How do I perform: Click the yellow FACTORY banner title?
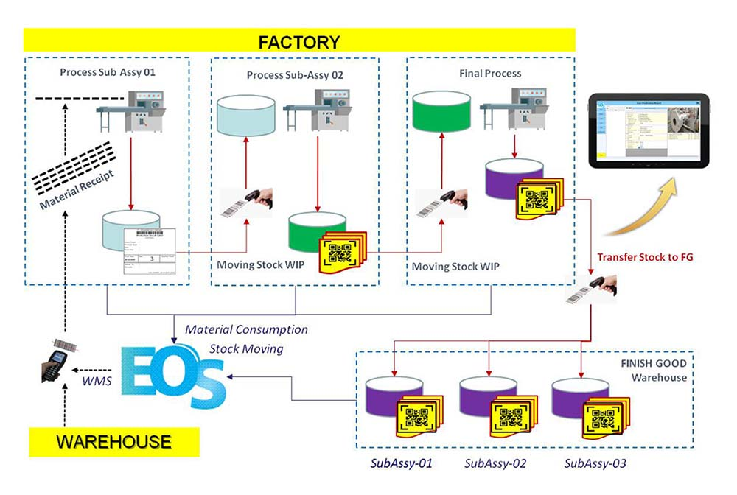(299, 41)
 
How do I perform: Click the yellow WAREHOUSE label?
(114, 443)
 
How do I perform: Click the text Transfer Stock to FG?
(645, 257)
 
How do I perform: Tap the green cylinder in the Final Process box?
(441, 110)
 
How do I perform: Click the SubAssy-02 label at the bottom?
(495, 463)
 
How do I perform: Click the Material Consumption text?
(246, 329)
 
